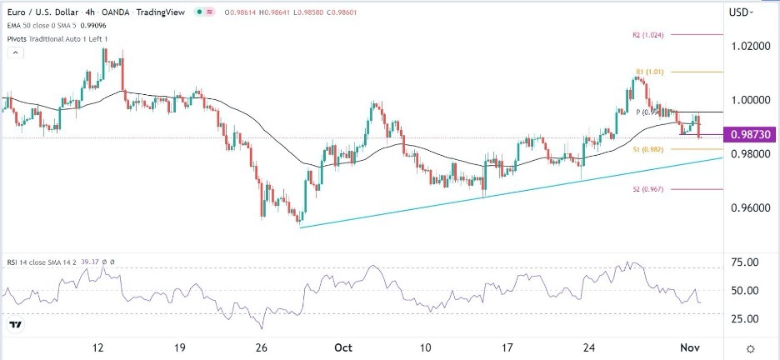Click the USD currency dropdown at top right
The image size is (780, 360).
coord(740,12)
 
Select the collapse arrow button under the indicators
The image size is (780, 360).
coord(14,53)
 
